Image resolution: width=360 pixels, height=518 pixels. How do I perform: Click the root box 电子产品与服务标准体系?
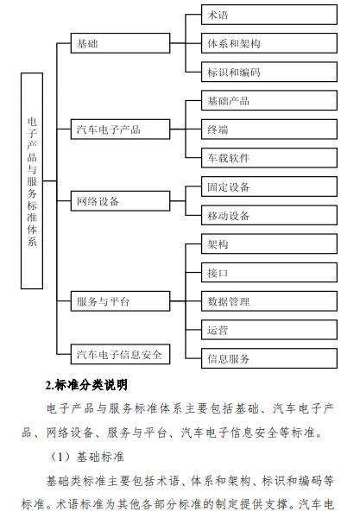[x=32, y=181]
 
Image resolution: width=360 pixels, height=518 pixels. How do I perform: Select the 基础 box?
[x=120, y=43]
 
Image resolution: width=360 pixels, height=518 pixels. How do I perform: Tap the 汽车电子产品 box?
[x=120, y=129]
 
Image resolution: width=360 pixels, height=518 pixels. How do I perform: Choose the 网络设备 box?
[x=120, y=201]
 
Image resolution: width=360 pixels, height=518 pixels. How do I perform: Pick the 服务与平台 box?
[x=120, y=301]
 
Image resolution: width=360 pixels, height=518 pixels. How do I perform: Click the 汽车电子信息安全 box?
[x=120, y=354]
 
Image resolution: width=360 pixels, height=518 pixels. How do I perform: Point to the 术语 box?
[x=269, y=15]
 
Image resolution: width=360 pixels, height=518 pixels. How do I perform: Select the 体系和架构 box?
[x=269, y=43]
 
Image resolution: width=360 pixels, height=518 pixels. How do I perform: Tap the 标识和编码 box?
[x=269, y=72]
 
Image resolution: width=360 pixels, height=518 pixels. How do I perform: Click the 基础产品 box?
[x=269, y=100]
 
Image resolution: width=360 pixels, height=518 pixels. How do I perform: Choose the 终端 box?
[x=269, y=129]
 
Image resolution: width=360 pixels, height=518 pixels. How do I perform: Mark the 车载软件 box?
[x=269, y=158]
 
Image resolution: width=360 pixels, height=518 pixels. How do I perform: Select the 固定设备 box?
[x=269, y=186]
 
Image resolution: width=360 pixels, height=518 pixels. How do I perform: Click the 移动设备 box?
[x=269, y=215]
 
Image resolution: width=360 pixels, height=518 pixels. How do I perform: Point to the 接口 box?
[x=269, y=273]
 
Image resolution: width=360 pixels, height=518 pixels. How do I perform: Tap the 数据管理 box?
[x=269, y=301]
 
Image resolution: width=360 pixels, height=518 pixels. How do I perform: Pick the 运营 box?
[x=269, y=330]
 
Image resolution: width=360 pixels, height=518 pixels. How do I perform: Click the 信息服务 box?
[x=269, y=358]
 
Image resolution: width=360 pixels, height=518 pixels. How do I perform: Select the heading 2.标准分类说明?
[x=86, y=385]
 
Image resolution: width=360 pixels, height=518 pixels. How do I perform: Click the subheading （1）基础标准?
[x=86, y=457]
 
